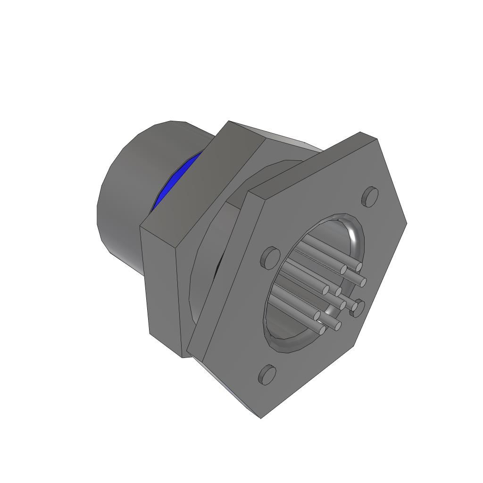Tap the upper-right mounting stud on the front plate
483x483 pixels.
click(x=371, y=196)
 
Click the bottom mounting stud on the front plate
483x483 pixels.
click(x=267, y=375)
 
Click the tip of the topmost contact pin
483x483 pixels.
click(x=359, y=267)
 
